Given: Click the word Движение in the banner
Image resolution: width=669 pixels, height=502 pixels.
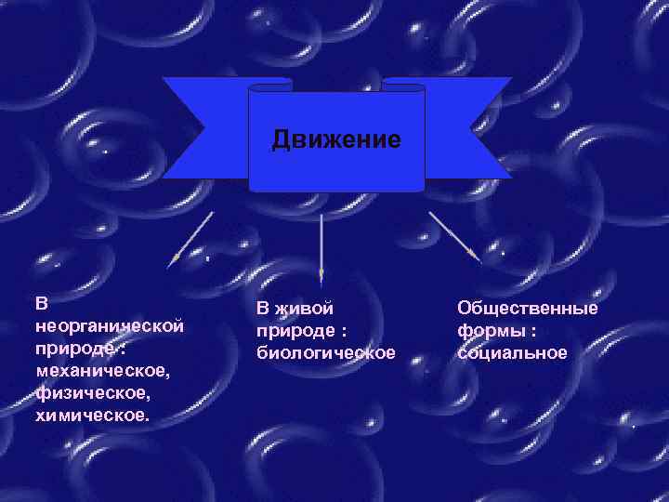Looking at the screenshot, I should [336, 140].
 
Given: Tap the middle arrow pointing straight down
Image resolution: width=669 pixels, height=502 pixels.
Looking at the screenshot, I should [321, 246].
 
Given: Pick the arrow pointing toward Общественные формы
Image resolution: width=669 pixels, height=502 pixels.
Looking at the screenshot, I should [453, 235].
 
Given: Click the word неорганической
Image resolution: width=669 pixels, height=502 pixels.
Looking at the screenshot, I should [109, 326].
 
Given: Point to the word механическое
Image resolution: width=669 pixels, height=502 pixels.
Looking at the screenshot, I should [102, 371].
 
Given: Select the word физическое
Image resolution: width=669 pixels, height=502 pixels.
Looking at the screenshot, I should [89, 393].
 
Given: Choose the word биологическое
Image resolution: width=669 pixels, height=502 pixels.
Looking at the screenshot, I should [325, 352].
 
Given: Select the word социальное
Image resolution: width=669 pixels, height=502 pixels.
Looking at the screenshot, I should [512, 352].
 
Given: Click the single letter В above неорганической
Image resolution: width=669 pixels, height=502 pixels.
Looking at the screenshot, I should [41, 304].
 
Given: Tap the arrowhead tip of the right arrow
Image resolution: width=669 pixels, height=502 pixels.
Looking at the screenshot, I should [478, 258].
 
